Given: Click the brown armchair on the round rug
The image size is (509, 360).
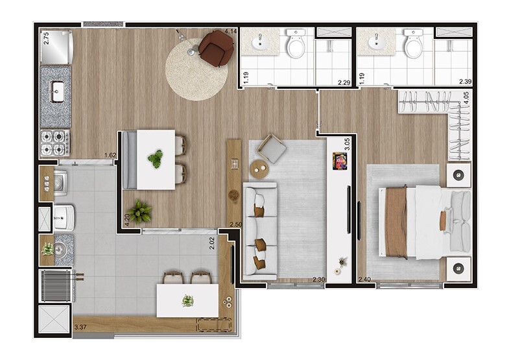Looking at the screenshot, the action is [x=216, y=49].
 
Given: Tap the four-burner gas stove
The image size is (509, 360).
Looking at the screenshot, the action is [x=54, y=143].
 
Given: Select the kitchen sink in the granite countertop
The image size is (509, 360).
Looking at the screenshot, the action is [x=58, y=92].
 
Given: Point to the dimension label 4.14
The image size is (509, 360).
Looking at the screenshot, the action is [x=230, y=32].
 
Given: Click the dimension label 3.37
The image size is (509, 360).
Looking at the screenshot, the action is [x=80, y=327].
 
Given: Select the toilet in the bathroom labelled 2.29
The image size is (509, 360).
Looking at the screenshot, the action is [x=296, y=43].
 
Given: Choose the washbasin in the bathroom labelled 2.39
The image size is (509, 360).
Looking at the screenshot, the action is [x=377, y=42].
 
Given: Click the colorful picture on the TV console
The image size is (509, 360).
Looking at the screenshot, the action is [x=340, y=161].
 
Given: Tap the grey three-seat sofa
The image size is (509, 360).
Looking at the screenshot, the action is [x=260, y=231].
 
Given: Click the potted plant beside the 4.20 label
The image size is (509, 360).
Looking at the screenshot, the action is [x=139, y=211].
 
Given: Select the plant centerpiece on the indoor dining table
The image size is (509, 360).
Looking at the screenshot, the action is [x=156, y=158].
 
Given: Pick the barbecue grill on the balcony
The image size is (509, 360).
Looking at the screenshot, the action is [x=56, y=286].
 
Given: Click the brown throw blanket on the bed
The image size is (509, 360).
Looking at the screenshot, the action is [x=396, y=222].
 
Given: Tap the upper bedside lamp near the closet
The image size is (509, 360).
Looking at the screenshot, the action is [x=458, y=175].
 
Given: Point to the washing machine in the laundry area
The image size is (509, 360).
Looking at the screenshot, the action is [x=60, y=183].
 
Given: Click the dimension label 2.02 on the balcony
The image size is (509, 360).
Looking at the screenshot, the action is [x=212, y=243].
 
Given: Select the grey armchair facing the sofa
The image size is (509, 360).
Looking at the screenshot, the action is [x=272, y=149].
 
